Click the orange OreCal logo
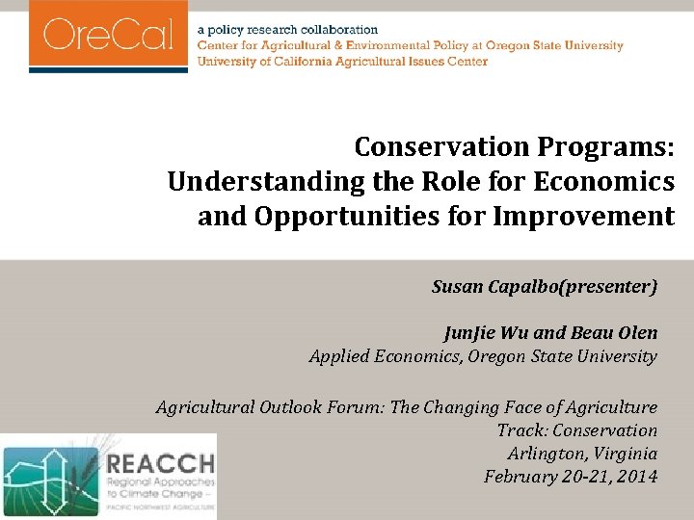pos(108,36)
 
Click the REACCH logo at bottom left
pos(109,476)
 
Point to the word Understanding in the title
pos(252,182)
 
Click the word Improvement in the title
pos(584,217)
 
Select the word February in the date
pos(520,477)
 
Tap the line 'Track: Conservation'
pos(576,430)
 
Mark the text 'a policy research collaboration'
pos(288,31)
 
